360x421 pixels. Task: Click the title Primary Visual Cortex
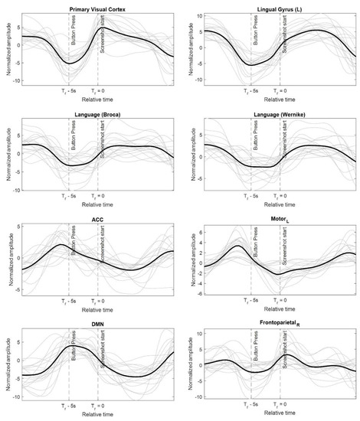tap(97, 8)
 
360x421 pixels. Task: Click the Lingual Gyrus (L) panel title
tap(277, 8)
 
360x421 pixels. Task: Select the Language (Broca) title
tap(97, 116)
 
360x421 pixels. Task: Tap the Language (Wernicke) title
tap(277, 116)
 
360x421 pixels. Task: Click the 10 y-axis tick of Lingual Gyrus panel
tap(197, 15)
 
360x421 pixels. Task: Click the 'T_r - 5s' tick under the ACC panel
tap(69, 302)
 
